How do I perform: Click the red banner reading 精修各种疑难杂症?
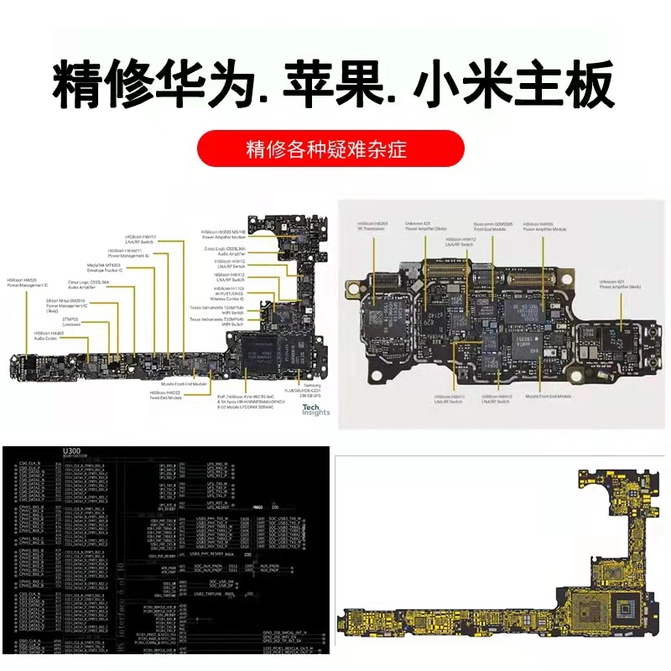pos(330,150)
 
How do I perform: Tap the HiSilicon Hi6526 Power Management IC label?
pos(29,283)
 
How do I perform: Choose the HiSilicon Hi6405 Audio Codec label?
pos(50,335)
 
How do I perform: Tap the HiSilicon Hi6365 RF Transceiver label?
pos(372,226)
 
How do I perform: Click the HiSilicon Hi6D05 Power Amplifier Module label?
pos(545,226)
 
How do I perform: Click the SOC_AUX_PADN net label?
pos(175,566)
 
